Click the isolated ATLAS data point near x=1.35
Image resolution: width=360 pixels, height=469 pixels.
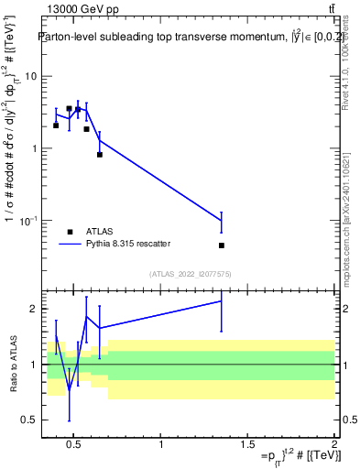(x=222, y=245)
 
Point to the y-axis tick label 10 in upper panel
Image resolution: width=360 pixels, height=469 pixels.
(x=29, y=76)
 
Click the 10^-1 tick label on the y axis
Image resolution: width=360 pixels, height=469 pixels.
(x=27, y=221)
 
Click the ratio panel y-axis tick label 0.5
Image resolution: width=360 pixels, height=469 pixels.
(x=29, y=420)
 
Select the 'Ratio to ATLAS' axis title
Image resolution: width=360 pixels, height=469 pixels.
(x=13, y=364)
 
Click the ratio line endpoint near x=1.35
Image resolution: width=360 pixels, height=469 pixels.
(x=222, y=300)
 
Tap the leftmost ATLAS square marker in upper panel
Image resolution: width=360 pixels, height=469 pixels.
(x=56, y=125)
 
